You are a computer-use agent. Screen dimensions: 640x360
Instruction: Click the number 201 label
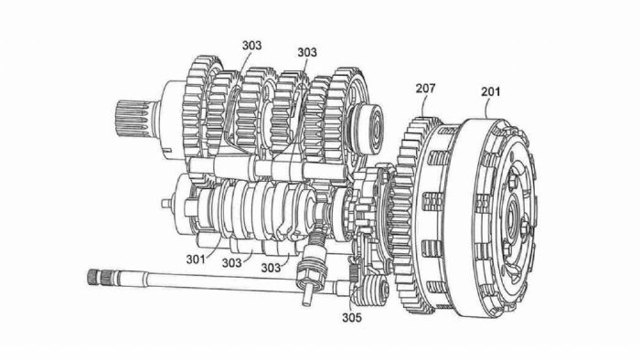(490, 91)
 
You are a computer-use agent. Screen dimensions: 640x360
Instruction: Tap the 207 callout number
(425, 88)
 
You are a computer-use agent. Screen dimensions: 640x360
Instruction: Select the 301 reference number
(196, 259)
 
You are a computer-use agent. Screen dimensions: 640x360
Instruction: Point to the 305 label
(352, 317)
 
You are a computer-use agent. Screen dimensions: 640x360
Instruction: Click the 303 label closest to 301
(231, 263)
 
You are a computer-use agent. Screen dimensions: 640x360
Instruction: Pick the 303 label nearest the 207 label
(307, 52)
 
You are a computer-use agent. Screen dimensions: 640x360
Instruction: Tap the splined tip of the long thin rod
(95, 277)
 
